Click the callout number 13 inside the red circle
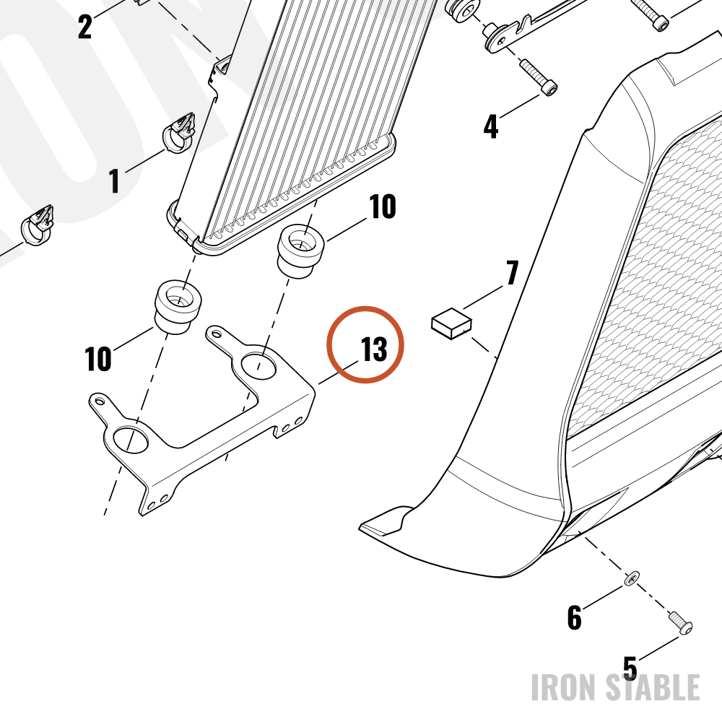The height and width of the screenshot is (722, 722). (x=374, y=349)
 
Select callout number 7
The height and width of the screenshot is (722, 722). (x=512, y=273)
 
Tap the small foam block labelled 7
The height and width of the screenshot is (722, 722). (x=452, y=323)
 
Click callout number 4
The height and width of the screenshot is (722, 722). (x=491, y=126)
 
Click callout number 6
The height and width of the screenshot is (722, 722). (x=575, y=617)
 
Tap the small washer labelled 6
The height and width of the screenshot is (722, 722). (x=631, y=578)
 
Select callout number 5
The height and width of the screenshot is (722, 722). (x=630, y=668)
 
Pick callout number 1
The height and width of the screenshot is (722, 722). (x=114, y=180)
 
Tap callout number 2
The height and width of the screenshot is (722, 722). (x=85, y=27)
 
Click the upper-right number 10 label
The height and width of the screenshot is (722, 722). (x=382, y=206)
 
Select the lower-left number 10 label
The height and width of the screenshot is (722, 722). (x=98, y=359)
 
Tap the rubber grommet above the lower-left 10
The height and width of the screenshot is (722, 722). (x=178, y=305)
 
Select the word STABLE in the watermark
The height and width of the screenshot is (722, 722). (x=653, y=687)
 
